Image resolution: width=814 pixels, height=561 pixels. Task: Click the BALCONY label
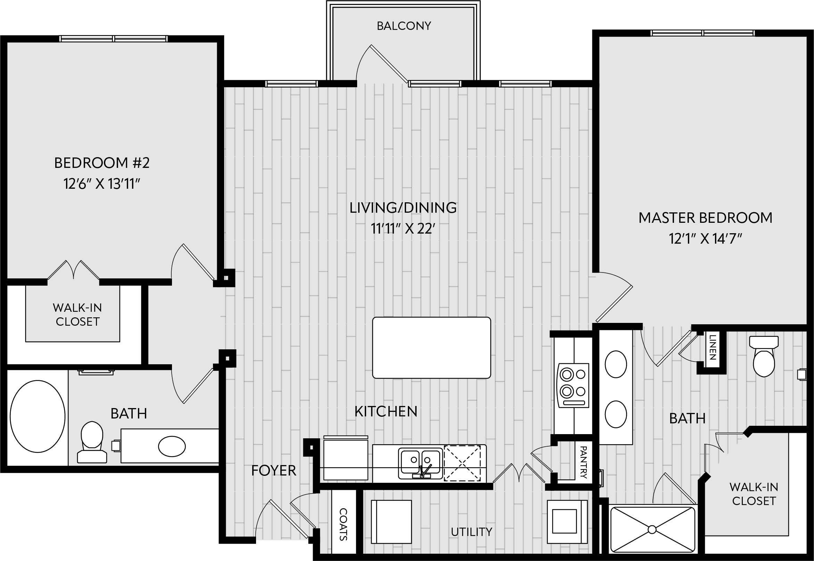(x=404, y=26)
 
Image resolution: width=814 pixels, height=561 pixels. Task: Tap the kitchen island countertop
(x=431, y=348)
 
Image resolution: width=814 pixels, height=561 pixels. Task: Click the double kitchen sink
(x=420, y=463)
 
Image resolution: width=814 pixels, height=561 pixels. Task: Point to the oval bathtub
(x=38, y=416)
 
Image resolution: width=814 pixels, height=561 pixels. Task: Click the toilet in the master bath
(x=764, y=356)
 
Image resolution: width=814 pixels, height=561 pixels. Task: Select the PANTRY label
(x=583, y=462)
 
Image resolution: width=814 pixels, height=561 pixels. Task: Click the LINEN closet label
(x=712, y=347)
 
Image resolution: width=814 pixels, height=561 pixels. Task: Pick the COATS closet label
(x=343, y=525)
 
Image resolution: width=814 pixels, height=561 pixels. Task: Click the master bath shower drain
(x=652, y=529)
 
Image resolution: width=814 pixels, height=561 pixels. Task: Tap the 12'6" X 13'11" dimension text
(x=102, y=184)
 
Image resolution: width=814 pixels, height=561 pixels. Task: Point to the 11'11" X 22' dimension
(x=403, y=229)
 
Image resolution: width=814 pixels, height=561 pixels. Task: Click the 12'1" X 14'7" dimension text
(x=705, y=239)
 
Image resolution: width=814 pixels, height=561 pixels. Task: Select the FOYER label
(x=274, y=470)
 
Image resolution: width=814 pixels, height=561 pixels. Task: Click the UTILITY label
(x=471, y=532)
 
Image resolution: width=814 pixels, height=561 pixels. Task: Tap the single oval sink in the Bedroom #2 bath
(x=172, y=446)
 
